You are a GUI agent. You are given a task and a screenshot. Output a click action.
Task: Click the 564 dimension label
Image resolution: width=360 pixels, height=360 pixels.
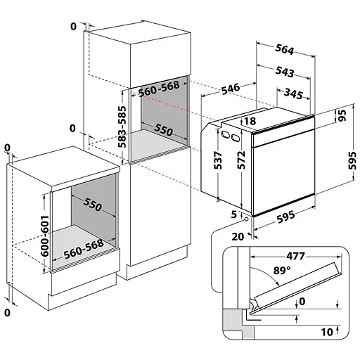284,49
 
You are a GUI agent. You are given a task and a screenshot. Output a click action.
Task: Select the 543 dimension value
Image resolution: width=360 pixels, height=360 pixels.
284,72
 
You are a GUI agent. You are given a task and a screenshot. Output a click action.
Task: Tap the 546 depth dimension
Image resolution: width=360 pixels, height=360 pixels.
231,89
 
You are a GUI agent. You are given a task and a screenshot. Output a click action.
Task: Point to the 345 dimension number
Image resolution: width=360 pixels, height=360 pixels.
293,94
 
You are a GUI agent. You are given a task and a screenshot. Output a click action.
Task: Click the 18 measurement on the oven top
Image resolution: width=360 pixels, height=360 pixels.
250,121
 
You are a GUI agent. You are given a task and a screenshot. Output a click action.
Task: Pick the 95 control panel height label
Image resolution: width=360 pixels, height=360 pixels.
342,115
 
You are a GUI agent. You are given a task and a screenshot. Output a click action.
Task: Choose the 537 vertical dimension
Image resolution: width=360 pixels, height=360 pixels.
218,160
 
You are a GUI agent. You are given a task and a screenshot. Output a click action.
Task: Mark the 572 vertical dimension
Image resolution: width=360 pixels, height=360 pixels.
241,160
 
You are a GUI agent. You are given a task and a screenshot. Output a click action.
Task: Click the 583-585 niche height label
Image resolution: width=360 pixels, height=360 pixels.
122,127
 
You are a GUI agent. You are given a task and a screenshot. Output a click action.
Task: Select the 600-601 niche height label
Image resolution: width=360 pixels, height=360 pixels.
45,236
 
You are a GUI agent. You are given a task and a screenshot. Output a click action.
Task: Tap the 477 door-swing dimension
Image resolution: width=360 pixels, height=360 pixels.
295,256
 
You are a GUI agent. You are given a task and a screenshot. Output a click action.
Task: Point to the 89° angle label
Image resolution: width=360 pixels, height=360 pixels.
282,271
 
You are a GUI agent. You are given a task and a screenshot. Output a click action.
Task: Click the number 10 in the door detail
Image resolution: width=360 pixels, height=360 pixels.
327,332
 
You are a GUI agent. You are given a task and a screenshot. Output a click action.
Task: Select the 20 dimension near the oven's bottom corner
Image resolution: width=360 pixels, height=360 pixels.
238,237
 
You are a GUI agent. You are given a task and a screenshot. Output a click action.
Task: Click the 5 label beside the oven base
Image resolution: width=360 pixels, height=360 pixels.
234,214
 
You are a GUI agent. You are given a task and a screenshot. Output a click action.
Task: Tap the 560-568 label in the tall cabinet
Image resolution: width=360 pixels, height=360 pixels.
159,89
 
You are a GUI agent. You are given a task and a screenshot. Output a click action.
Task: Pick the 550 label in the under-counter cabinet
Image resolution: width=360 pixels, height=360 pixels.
92,204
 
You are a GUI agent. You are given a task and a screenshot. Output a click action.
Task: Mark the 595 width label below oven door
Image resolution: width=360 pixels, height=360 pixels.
285,217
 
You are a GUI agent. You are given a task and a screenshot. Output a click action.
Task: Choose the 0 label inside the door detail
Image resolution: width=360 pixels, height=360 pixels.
302,302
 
